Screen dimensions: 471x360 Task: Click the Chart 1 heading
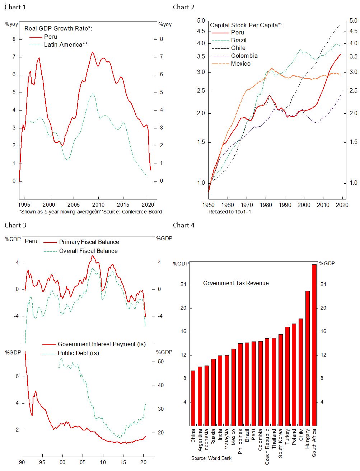(15, 7)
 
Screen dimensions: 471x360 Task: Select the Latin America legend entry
(66, 44)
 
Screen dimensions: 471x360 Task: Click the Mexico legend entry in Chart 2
(241, 63)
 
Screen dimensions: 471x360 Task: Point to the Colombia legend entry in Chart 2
(244, 56)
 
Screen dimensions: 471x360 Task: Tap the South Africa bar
(314, 344)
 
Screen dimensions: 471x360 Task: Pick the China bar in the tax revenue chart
(193, 398)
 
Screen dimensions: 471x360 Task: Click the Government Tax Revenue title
(236, 283)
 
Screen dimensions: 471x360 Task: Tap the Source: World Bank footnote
(211, 458)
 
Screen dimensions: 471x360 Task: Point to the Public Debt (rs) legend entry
(78, 353)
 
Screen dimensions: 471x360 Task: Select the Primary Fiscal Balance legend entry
(89, 242)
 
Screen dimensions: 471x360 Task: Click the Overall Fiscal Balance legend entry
(88, 251)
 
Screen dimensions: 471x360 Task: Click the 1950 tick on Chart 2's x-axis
(209, 205)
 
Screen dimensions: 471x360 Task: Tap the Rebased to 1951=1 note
(229, 212)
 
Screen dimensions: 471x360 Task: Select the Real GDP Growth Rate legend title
(58, 28)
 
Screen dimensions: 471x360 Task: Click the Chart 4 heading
(184, 225)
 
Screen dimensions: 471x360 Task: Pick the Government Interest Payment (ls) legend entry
(102, 344)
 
